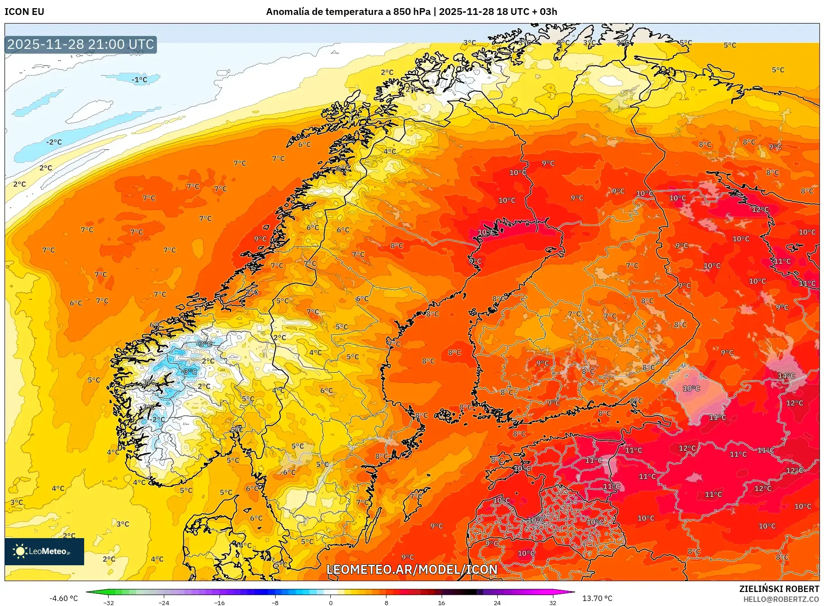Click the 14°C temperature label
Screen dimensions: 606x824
(786, 376)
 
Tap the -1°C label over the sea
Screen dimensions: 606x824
(139, 80)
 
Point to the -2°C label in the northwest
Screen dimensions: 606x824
(54, 142)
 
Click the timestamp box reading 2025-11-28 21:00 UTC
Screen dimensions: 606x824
(81, 44)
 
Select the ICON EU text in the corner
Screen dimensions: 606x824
(24, 12)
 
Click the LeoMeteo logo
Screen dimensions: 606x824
(44, 551)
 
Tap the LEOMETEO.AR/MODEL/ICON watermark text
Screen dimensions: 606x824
(412, 569)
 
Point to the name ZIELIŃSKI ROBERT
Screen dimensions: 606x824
(779, 589)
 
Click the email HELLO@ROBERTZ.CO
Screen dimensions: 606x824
(781, 599)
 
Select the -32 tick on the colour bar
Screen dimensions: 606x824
(109, 602)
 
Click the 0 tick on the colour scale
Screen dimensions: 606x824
(331, 602)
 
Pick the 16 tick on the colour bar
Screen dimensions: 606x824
(442, 602)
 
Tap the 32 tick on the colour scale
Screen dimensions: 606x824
(553, 602)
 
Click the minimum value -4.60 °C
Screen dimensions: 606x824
(63, 598)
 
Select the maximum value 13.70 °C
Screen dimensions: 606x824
(597, 598)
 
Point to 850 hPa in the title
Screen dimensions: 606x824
(412, 12)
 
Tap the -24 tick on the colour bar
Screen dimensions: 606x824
(164, 602)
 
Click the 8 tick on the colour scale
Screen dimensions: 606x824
(386, 602)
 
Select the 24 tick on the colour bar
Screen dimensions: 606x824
(497, 602)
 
